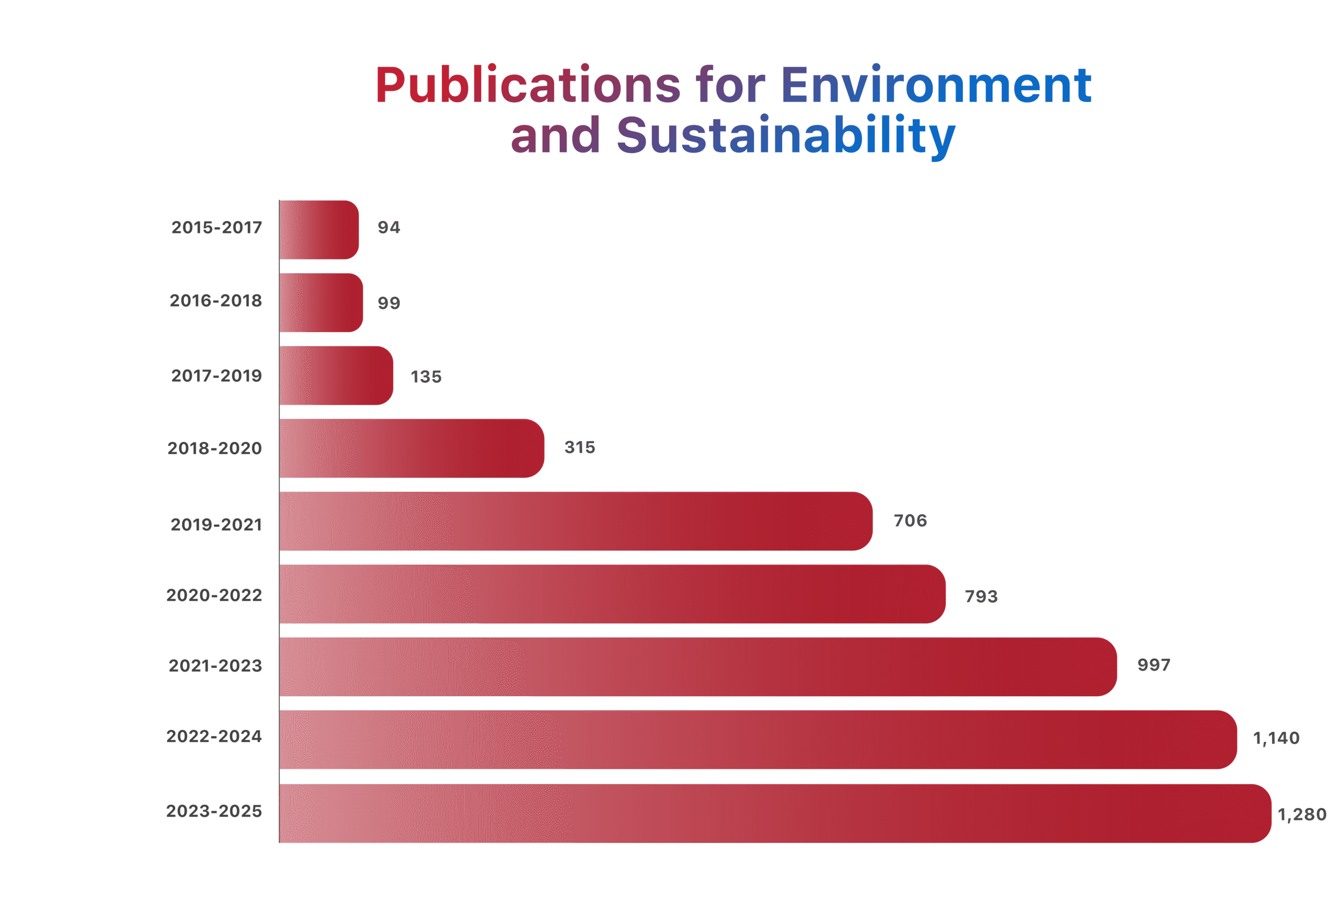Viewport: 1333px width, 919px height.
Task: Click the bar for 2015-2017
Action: pos(320,230)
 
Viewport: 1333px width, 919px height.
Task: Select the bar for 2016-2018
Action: pos(321,303)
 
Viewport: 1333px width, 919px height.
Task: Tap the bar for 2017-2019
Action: pos(336,375)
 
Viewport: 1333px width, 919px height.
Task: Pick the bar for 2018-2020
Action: pos(412,448)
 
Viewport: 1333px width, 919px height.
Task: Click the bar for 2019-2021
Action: pos(576,521)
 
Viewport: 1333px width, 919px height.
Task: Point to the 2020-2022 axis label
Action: pos(214,595)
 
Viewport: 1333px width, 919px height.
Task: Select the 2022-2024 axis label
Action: pos(214,736)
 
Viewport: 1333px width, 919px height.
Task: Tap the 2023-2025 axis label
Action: pos(214,811)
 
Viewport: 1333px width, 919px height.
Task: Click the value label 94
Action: pos(388,228)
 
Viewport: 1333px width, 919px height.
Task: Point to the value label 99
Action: pos(388,303)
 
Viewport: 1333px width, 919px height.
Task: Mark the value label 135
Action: pos(426,377)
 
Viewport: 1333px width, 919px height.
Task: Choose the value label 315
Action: pos(580,447)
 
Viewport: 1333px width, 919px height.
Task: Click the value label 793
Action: pos(981,597)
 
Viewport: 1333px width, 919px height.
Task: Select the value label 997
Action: pos(1154,665)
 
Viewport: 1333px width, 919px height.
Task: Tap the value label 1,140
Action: pos(1277,738)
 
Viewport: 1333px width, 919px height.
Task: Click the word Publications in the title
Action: pos(527,85)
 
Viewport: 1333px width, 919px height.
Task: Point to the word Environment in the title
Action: pos(936,85)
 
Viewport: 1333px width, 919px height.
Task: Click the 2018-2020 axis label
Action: pos(215,448)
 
